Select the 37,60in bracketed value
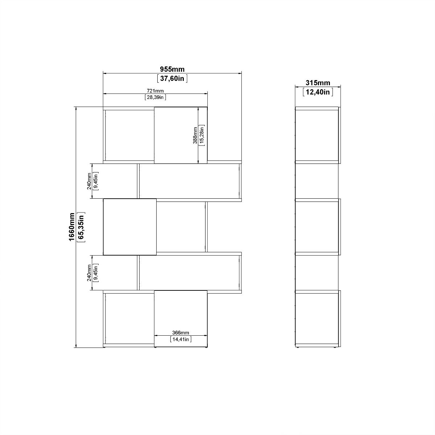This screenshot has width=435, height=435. pos(172,78)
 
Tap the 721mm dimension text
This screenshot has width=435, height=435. pos(155,91)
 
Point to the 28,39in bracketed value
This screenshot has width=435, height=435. pos(155,97)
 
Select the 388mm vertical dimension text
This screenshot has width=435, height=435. pos(195,136)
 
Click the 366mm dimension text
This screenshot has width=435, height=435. pos(181,333)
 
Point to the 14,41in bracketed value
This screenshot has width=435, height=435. pos(181,339)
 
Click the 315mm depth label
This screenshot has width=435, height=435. pos(318,83)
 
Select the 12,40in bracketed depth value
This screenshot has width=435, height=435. pos(318,92)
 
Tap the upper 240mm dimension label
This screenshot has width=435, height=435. pos(89,181)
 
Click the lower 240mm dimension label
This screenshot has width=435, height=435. pos(89,273)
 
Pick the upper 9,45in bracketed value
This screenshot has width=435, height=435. pos(96,181)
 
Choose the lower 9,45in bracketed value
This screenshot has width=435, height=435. pos(96,273)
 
